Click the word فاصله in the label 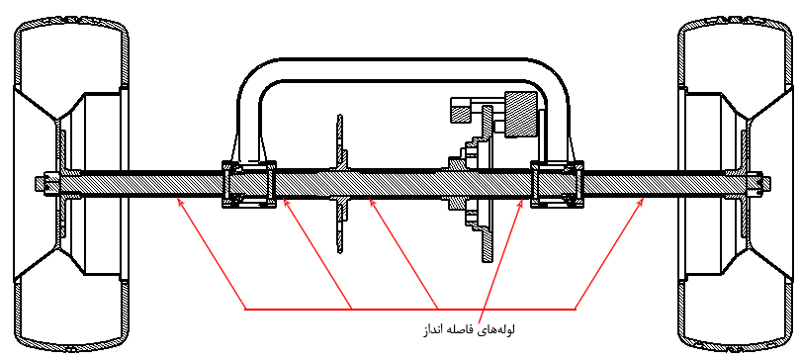tap(460, 330)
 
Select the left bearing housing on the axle tap(249, 184)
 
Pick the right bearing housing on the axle tap(558, 184)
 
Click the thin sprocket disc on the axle tap(340, 184)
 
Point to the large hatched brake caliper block tap(521, 114)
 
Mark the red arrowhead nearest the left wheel tap(179, 201)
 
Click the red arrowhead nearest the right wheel tap(641, 201)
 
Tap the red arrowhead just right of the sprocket tap(372, 202)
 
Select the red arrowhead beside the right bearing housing tap(520, 202)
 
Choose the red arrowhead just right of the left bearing tap(286, 202)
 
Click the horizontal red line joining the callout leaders tap(410, 309)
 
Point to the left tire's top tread tap(71, 22)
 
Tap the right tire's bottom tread tap(736, 348)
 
